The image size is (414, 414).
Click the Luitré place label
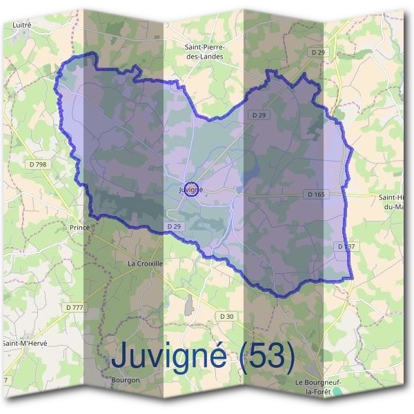tap(22, 24)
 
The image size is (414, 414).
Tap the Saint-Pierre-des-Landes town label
tap(204, 52)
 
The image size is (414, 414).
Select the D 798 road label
tap(39, 164)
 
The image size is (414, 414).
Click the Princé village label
tap(80, 226)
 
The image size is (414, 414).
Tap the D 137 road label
tap(346, 246)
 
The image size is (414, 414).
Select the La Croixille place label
tap(146, 264)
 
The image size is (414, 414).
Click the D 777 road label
tap(74, 306)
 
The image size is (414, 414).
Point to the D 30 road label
tap(226, 316)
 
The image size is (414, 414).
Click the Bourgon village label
tap(126, 379)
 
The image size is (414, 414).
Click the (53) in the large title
tap(267, 356)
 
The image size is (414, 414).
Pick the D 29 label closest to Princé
tap(174, 226)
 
